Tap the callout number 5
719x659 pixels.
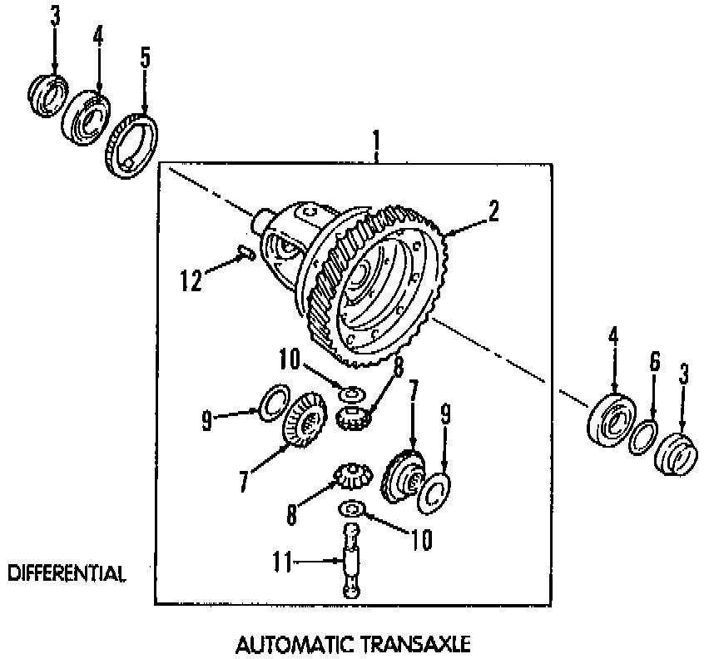[x=145, y=58]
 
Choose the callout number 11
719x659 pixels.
[x=282, y=563]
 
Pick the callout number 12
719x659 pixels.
[x=191, y=281]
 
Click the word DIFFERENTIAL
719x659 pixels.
[x=67, y=573]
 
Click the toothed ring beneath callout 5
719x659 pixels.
[x=131, y=146]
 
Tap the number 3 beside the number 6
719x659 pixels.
[x=684, y=374]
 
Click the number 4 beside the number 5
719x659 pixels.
[x=98, y=37]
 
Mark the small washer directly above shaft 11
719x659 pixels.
[x=351, y=508]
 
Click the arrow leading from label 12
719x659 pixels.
[x=221, y=266]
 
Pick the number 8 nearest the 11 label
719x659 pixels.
[x=292, y=515]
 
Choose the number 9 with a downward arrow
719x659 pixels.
[x=445, y=411]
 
